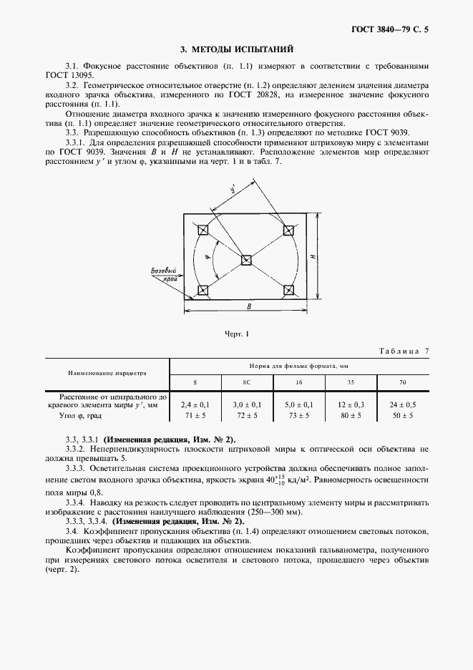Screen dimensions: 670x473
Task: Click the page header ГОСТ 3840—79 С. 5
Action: (394, 30)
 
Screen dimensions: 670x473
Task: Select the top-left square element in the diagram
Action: (203, 230)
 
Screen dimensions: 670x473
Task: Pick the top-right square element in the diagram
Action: (288, 230)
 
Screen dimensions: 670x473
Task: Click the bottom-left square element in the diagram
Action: (203, 291)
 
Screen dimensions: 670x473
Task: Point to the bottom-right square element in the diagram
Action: (288, 291)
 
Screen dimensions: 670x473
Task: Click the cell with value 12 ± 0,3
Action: (351, 404)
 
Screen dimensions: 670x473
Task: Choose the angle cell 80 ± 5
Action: (351, 415)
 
